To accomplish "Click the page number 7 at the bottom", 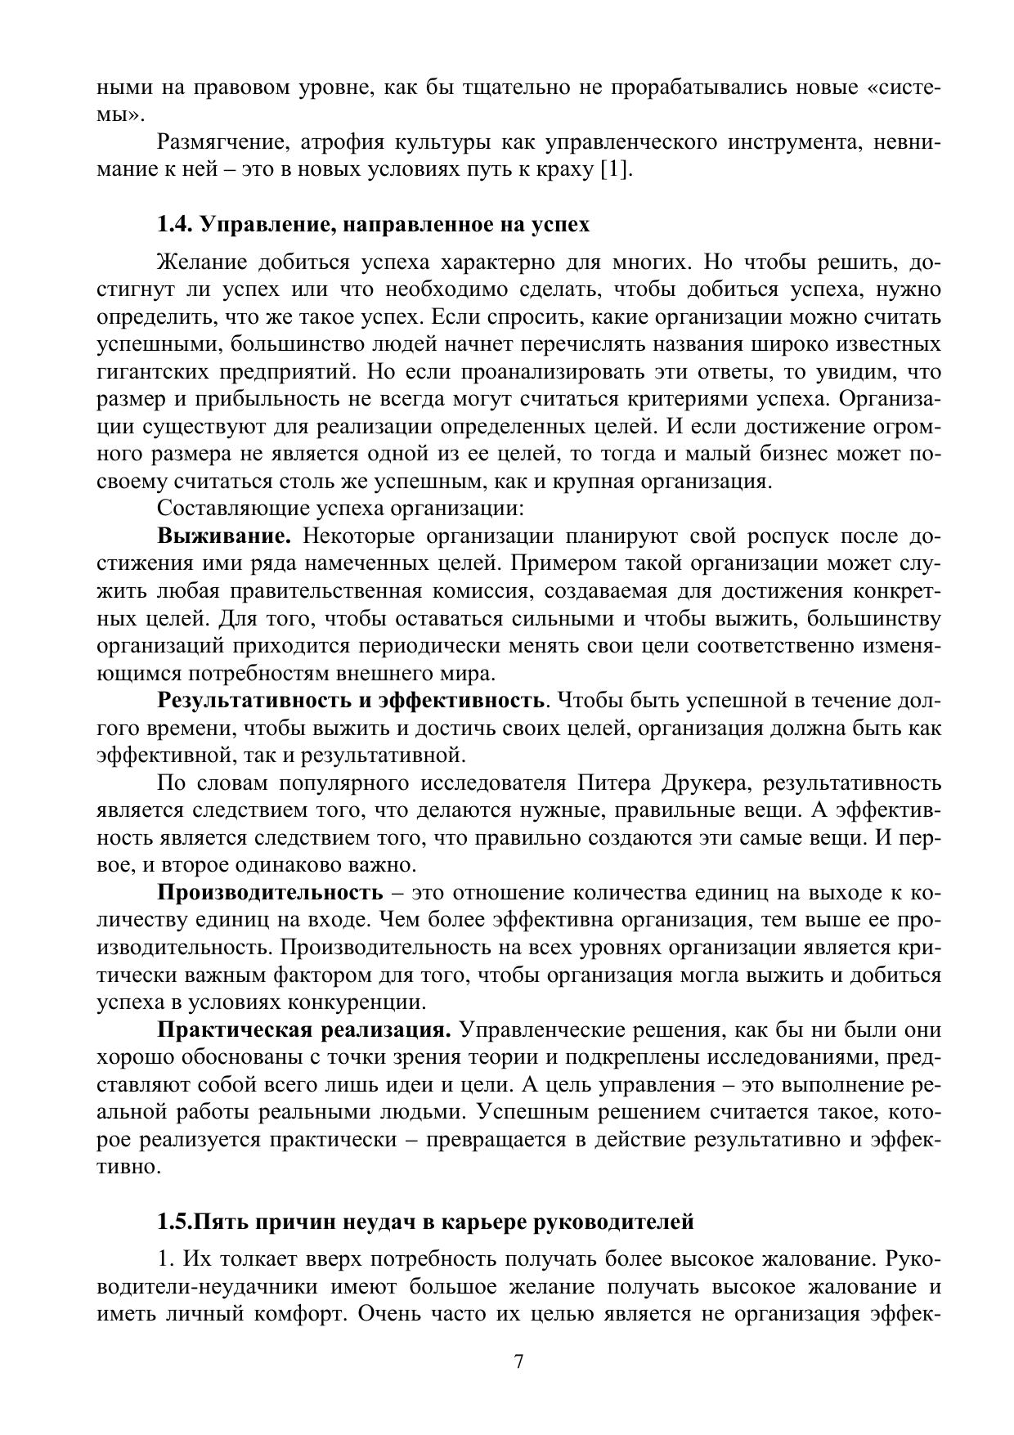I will click(518, 1361).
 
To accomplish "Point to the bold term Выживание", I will click(225, 536).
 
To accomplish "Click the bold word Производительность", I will click(270, 892).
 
